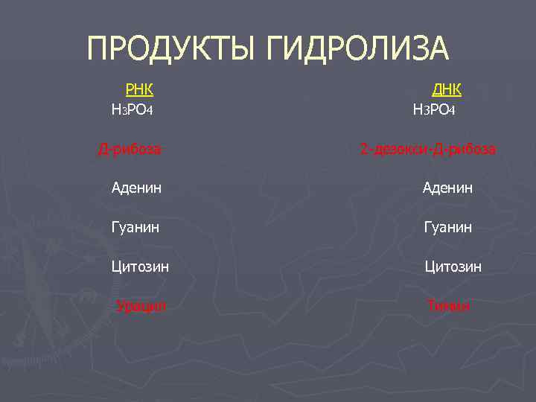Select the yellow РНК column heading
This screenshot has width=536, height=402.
tap(139, 90)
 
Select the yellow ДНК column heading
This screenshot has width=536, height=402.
tap(447, 90)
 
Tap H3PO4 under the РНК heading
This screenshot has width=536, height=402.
tap(132, 110)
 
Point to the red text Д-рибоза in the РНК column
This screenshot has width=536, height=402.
tap(130, 150)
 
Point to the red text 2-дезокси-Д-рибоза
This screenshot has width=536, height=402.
tap(428, 150)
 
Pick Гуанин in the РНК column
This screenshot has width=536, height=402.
tap(136, 227)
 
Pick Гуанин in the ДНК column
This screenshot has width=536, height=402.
tap(447, 227)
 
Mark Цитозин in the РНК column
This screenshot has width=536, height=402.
tap(140, 266)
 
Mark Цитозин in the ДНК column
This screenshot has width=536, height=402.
tap(453, 266)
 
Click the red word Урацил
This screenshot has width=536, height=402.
tap(141, 305)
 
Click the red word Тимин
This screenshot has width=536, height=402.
tap(448, 305)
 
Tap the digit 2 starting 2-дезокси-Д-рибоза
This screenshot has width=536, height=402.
tap(364, 150)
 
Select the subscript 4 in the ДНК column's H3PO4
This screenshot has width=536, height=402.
tap(452, 112)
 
